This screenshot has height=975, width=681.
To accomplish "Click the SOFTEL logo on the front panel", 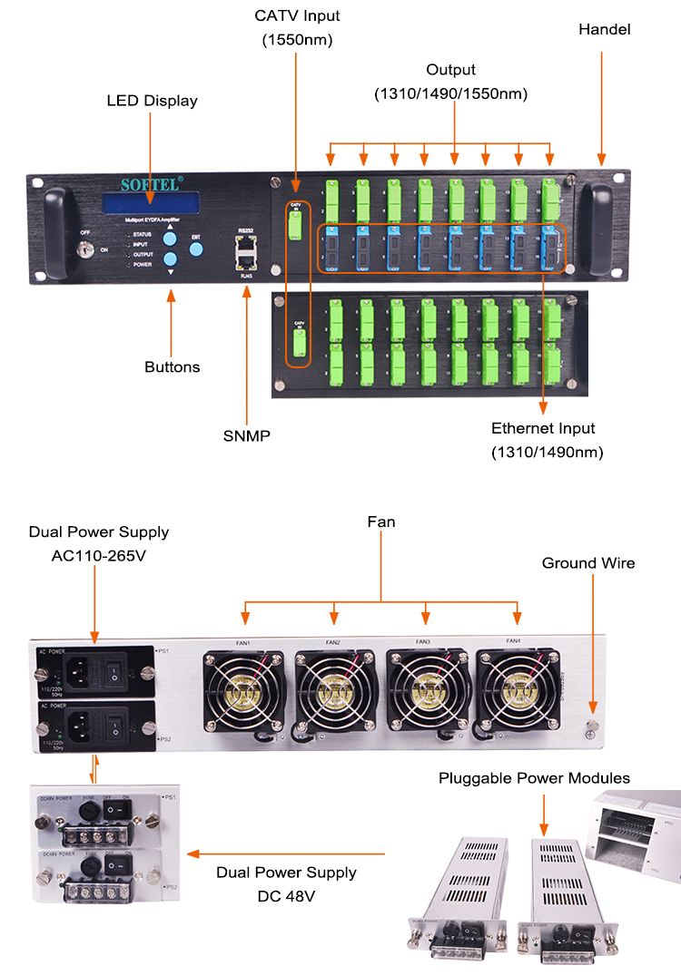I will tap(152, 184).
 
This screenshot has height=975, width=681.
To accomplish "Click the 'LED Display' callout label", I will tap(152, 101).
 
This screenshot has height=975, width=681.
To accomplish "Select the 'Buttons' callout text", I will tap(172, 367).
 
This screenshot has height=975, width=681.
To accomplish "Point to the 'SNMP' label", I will tap(247, 436).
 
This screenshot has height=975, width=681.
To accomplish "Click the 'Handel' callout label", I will tap(604, 29).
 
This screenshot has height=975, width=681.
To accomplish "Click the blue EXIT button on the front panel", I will tap(195, 250).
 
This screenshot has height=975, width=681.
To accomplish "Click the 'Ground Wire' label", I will tap(588, 563).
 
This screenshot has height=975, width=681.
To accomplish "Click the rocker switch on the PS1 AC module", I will tap(115, 670).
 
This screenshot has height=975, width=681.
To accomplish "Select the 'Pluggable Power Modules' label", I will tap(534, 778).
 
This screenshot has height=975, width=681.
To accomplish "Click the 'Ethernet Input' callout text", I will tap(543, 428).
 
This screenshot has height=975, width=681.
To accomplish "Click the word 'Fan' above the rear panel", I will tap(381, 522).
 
